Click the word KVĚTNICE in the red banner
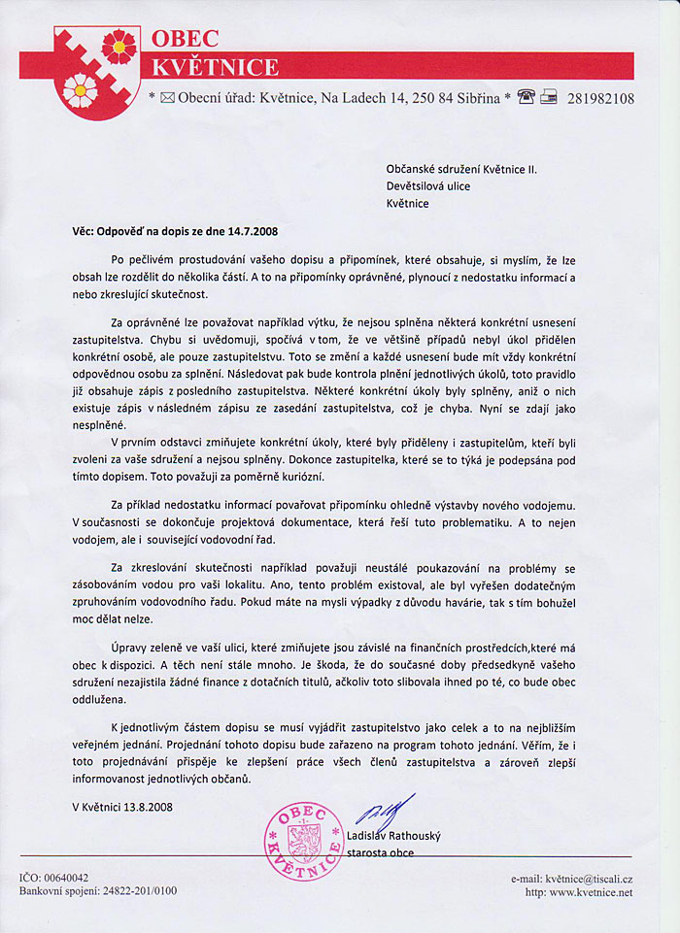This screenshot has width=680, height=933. click(x=217, y=67)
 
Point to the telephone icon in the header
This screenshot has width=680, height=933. click(x=527, y=97)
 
